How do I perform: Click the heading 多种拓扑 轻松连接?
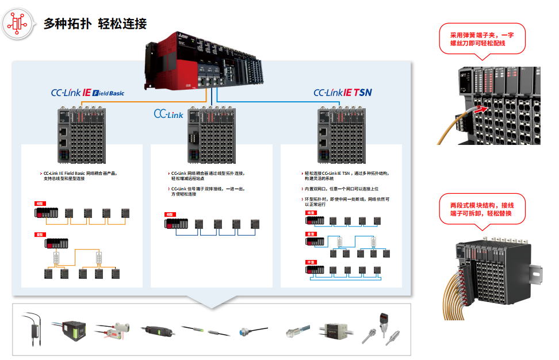pyautogui.click(x=95, y=24)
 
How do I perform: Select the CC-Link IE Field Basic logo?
pyautogui.click(x=87, y=92)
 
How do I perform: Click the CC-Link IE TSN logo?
pyautogui.click(x=343, y=92)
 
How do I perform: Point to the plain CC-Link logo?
pyautogui.click(x=169, y=114)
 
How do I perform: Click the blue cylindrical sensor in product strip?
pyautogui.click(x=247, y=332)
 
